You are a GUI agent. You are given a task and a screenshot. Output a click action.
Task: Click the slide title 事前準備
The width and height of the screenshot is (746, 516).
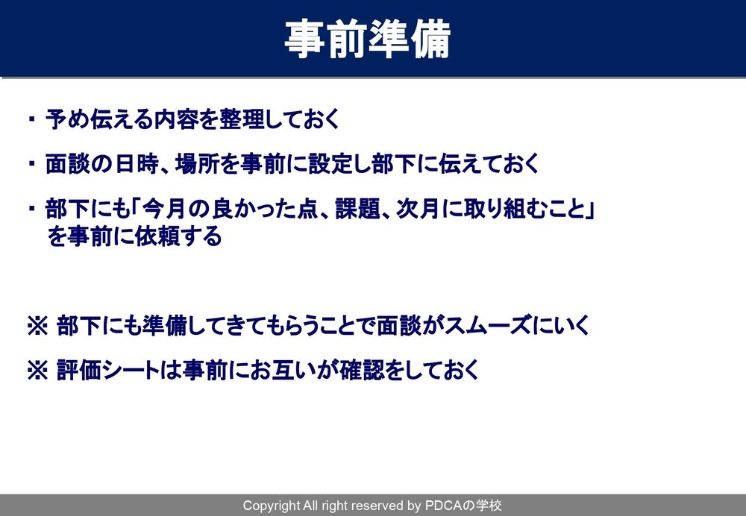[368, 39]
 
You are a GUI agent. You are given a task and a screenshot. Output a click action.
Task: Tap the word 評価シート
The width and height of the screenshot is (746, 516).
[108, 371]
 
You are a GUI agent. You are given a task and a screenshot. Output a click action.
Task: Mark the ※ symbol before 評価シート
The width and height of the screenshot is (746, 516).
[37, 371]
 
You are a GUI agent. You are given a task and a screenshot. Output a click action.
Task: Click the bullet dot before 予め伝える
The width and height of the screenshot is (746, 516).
[32, 119]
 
